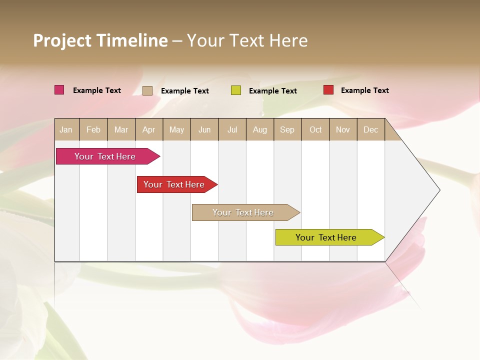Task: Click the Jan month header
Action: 66,129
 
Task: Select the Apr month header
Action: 149,129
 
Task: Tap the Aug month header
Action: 260,129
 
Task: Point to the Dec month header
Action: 370,129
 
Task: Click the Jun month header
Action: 204,129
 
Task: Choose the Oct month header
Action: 315,129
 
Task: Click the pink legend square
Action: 59,90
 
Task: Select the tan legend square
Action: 147,90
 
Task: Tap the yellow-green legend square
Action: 236,90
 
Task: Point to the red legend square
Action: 328,90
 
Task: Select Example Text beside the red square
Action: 364,90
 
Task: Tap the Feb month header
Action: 93,129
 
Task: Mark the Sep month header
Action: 287,129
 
